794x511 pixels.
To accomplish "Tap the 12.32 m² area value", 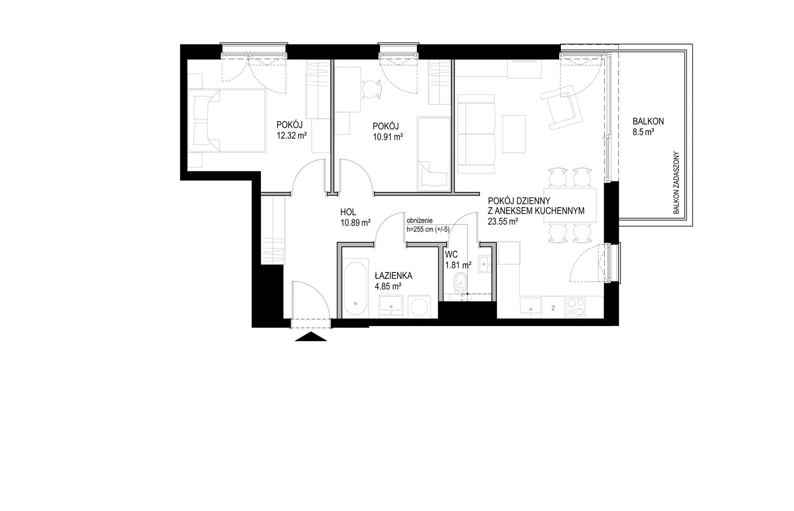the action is coord(292,136).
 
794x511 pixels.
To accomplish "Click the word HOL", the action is coord(348,212).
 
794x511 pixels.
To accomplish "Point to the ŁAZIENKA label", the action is coord(394,275).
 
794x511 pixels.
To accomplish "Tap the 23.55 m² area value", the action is coord(503,222).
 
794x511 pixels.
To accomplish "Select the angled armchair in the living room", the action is coord(561,106).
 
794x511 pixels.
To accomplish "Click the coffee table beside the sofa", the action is coord(514,134).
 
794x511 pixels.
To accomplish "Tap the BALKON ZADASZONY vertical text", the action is coord(677,183).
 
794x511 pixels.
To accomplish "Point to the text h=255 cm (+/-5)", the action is coord(428,229).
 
